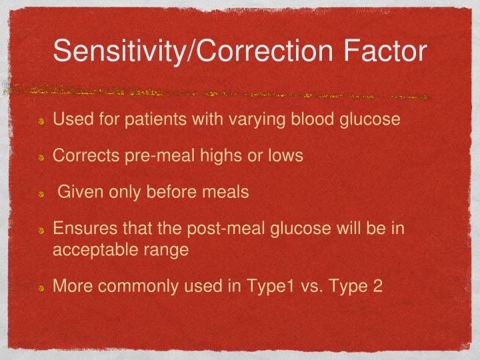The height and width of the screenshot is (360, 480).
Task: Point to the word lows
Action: click(287, 156)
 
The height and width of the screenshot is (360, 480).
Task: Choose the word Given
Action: click(79, 193)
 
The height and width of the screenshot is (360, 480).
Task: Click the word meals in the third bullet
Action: click(226, 193)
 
